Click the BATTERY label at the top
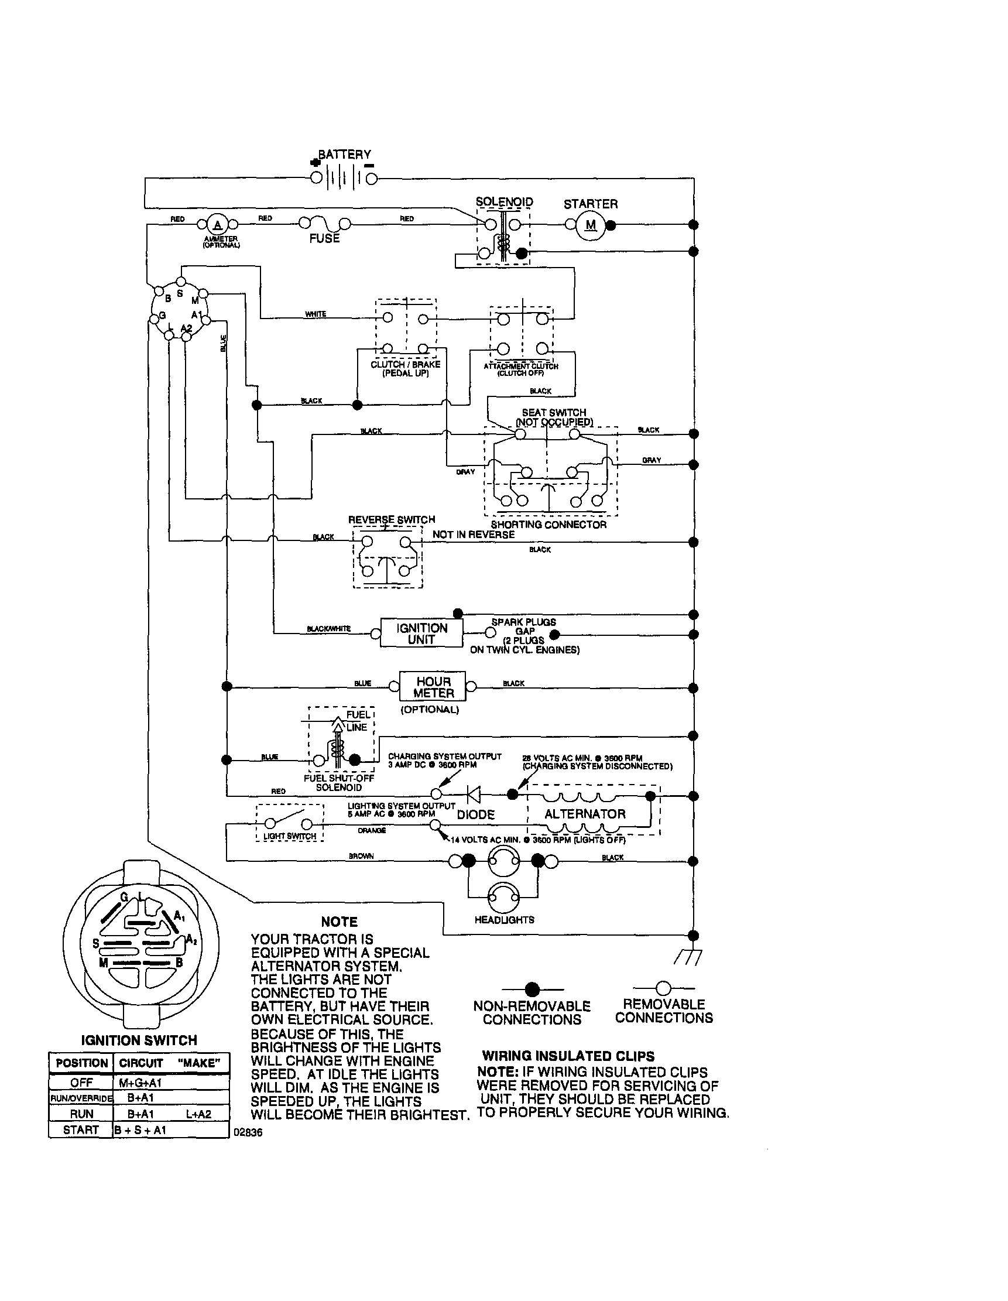[x=344, y=155]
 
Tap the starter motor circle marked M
[x=591, y=225]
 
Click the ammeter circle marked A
[x=217, y=225]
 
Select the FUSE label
[x=324, y=238]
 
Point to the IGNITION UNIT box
[x=421, y=633]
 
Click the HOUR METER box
[x=433, y=687]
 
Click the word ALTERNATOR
[x=585, y=814]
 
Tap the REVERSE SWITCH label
[x=391, y=519]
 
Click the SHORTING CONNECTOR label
[x=548, y=525]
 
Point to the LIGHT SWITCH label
[x=290, y=836]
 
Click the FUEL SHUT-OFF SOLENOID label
[x=339, y=783]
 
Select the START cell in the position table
[x=80, y=1130]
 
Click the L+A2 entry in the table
[x=198, y=1114]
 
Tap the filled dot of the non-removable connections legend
[x=532, y=990]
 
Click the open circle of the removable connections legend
[x=663, y=989]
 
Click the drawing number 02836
[x=248, y=1132]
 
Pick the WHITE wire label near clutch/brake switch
[x=315, y=314]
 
